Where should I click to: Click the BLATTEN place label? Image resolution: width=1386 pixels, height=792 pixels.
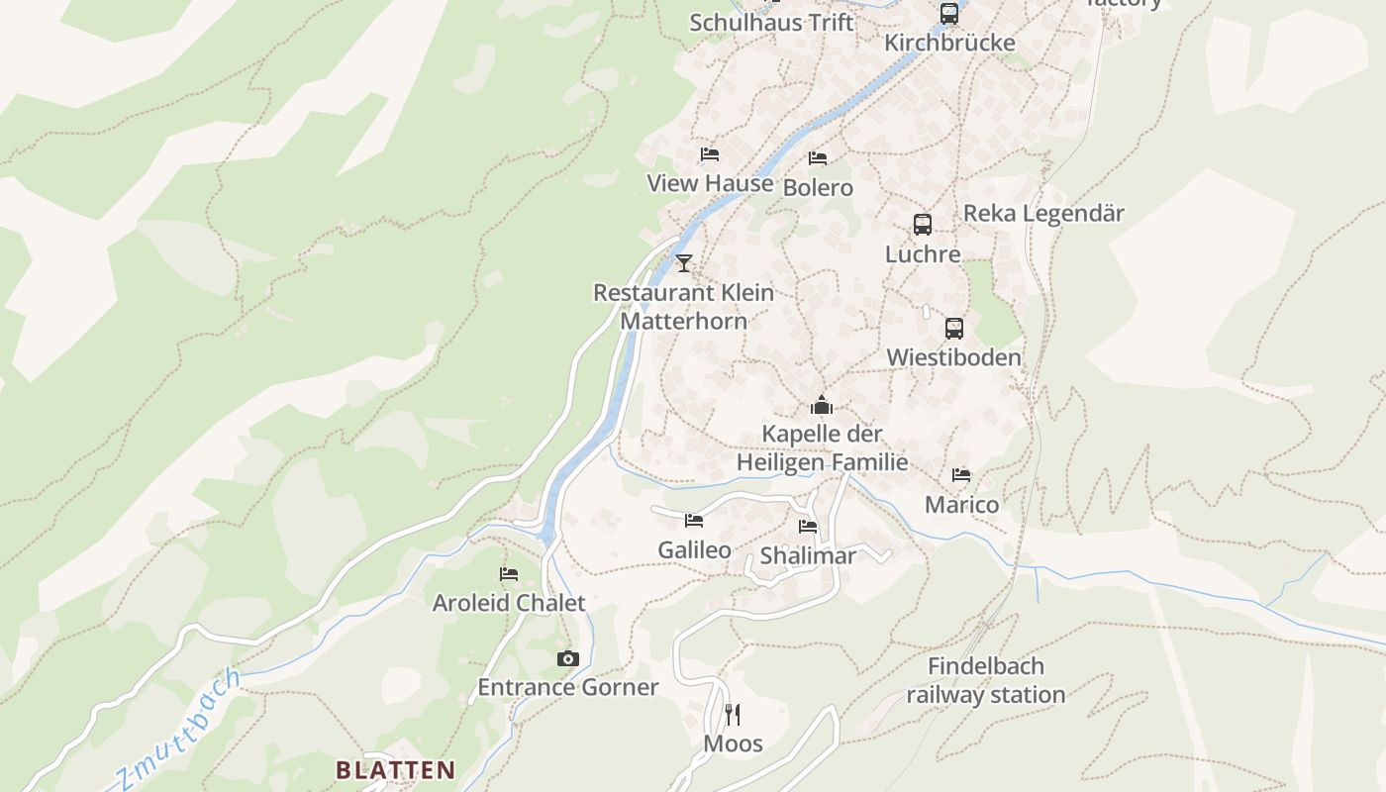click(x=395, y=769)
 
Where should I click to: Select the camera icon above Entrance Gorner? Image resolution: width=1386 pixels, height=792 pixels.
click(x=567, y=658)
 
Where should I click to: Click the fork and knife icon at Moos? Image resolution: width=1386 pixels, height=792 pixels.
click(x=733, y=714)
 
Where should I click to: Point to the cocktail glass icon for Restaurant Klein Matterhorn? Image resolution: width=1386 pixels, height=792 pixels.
click(x=683, y=262)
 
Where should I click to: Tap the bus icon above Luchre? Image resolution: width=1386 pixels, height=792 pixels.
click(x=923, y=225)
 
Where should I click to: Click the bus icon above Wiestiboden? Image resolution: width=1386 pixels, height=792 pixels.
click(x=954, y=329)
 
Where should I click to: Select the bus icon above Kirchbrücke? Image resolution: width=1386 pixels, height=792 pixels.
click(x=949, y=14)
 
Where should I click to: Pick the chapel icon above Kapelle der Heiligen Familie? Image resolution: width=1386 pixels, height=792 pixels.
click(x=822, y=405)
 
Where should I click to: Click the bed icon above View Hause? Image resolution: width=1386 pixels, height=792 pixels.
click(x=710, y=154)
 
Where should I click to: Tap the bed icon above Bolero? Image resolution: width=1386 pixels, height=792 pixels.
click(x=818, y=158)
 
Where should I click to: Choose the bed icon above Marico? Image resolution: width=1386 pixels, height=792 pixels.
click(x=961, y=475)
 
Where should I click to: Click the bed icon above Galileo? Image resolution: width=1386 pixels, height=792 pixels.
click(x=694, y=521)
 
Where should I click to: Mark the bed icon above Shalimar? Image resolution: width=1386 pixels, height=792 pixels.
click(x=808, y=527)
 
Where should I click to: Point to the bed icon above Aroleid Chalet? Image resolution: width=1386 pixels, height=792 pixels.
click(x=509, y=574)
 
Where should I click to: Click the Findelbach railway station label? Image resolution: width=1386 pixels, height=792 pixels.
click(x=986, y=680)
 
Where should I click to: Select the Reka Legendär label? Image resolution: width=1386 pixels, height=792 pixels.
click(x=1043, y=213)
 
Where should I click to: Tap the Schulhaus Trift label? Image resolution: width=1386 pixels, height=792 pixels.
click(x=771, y=22)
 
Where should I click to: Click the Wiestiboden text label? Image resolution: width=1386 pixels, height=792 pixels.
click(x=953, y=357)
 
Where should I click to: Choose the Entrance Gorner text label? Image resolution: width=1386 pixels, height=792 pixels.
click(x=567, y=687)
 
